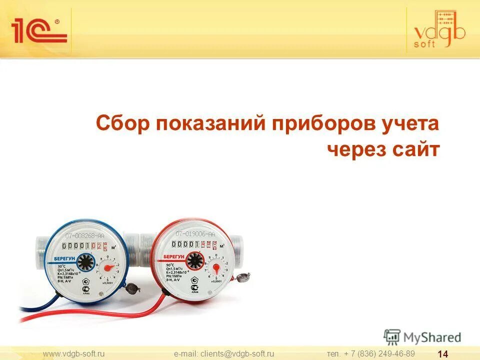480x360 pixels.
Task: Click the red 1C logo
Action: click(39, 30)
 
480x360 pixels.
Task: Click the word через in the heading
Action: click(350, 149)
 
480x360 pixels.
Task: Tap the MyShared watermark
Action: click(422, 336)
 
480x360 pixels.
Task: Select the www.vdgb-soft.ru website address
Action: click(74, 353)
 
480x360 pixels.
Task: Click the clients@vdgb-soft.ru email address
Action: click(224, 353)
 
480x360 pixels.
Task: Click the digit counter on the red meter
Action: click(194, 244)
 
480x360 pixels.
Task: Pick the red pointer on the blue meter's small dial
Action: click(106, 267)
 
